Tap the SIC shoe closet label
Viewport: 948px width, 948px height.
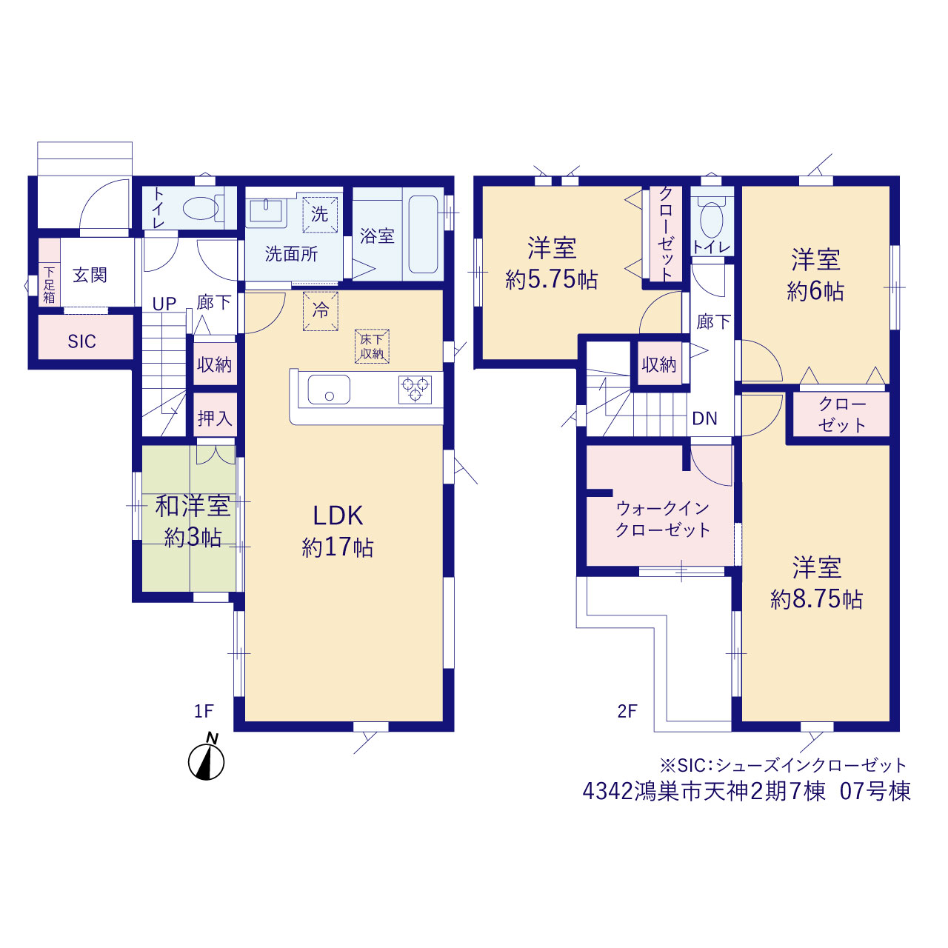(x=81, y=341)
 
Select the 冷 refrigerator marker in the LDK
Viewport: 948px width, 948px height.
(x=320, y=311)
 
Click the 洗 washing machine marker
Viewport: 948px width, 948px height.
(x=320, y=214)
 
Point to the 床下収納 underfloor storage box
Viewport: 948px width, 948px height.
(x=372, y=347)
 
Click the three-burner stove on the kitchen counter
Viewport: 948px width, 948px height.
(x=415, y=390)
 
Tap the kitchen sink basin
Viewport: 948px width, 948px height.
(x=329, y=390)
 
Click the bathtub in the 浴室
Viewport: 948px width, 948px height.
(x=423, y=234)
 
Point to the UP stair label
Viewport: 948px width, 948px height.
(x=164, y=304)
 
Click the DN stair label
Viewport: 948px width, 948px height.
(x=704, y=418)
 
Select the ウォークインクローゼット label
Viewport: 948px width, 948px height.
(x=663, y=518)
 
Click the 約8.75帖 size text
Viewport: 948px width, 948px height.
(x=816, y=600)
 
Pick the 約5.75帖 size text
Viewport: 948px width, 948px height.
(x=552, y=280)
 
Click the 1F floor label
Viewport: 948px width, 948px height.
(x=204, y=711)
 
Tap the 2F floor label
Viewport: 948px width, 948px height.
(x=627, y=711)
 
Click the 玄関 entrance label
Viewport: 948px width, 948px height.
(x=90, y=276)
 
